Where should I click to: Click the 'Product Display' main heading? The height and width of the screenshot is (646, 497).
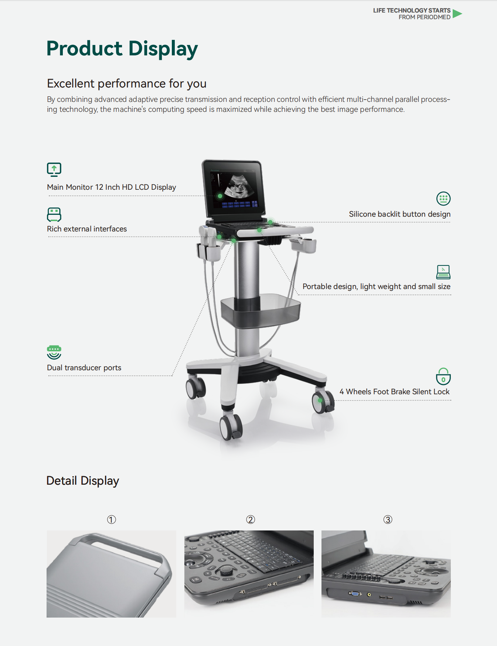point(122,49)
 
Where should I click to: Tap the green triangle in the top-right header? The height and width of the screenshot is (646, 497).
point(457,14)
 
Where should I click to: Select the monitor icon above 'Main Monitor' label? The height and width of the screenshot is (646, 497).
point(54,169)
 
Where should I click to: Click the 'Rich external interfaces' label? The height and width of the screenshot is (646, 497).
point(87,229)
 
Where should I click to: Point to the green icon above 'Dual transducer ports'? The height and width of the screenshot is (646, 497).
point(54,352)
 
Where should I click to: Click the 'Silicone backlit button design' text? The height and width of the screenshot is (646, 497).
point(400,214)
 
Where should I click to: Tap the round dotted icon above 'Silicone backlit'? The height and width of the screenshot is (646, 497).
point(443,199)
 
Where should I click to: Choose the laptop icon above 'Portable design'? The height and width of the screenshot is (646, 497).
point(443,272)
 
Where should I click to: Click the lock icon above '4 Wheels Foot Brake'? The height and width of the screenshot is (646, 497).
point(443,377)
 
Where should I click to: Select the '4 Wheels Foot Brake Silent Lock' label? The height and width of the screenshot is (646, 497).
point(395,392)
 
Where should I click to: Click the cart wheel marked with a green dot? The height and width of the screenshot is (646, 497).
point(323,402)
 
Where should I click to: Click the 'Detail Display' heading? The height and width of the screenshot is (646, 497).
point(83,481)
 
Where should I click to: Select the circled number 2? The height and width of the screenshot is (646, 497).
point(251,520)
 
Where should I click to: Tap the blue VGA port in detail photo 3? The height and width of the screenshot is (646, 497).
point(355,594)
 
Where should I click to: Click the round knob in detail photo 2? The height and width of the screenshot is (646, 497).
point(227,571)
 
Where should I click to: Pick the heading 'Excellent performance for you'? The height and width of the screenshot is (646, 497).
point(127,84)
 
